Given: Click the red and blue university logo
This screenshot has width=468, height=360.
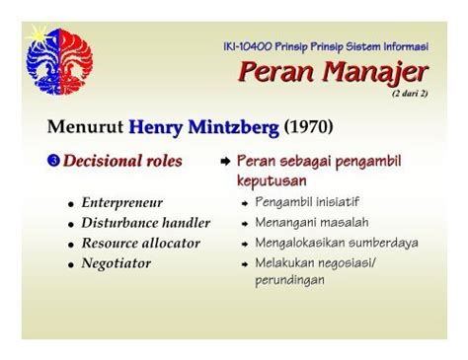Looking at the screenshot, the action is (x=59, y=61).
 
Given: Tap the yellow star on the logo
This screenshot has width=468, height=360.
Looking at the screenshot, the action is (x=39, y=35).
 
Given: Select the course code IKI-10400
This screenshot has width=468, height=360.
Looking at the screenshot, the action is (x=248, y=46).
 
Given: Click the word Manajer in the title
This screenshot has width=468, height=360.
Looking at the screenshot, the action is (x=375, y=72).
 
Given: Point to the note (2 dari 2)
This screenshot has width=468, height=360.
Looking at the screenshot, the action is (x=410, y=94).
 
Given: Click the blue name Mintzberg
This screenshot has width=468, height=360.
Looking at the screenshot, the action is (x=233, y=127).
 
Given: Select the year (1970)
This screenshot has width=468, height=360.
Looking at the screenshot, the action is (x=308, y=127).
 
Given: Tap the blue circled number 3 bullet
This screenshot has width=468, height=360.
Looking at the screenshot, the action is (x=53, y=161).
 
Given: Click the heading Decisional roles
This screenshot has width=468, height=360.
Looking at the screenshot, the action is (x=122, y=161).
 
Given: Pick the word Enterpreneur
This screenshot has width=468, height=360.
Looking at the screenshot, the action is (x=122, y=203).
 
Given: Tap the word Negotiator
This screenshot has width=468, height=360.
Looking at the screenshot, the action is (x=117, y=263).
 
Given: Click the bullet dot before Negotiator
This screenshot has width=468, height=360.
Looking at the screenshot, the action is (x=71, y=264).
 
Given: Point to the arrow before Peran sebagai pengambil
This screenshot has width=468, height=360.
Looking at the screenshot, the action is (x=225, y=161).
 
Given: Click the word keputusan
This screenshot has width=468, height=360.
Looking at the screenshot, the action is (x=272, y=180).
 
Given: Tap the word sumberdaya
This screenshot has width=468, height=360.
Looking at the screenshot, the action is (x=383, y=243).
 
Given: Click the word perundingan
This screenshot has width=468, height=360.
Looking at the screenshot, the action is (x=289, y=280).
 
